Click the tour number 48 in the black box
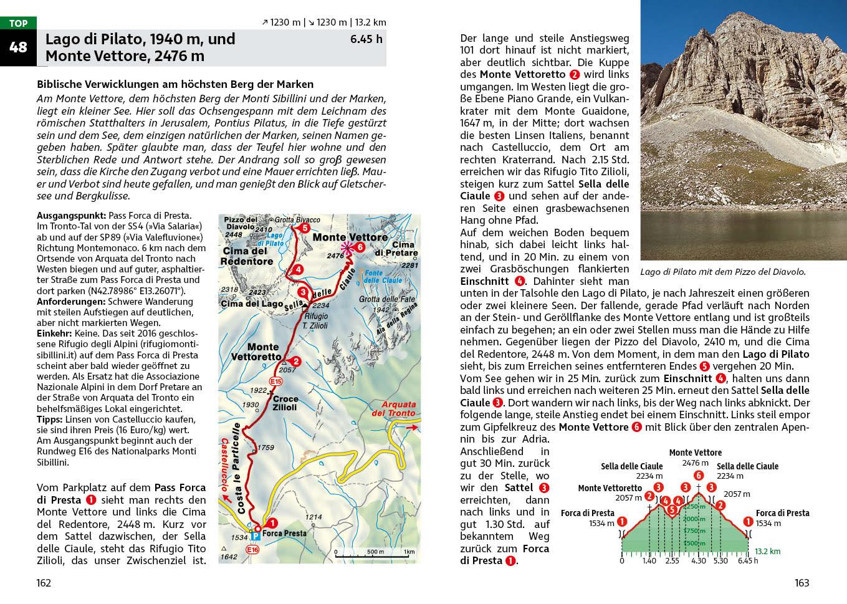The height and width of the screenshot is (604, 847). point(18,47)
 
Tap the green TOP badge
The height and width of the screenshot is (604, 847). point(18,24)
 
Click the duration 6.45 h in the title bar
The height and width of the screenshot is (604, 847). point(366,39)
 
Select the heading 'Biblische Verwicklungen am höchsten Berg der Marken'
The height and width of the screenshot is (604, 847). point(175,84)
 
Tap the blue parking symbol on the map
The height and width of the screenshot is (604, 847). point(256,536)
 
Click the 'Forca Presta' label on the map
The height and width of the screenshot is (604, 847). point(284,533)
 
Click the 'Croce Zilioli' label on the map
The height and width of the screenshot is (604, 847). point(285,403)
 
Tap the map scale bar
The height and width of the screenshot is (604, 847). point(373,552)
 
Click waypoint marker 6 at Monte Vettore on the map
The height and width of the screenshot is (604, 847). point(360,247)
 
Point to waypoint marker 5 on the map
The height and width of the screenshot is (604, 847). point(304,228)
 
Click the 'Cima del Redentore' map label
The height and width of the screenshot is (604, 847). point(247,256)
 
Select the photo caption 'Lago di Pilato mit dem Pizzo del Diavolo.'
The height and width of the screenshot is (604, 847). point(723,272)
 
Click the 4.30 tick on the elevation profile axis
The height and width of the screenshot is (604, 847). point(698,560)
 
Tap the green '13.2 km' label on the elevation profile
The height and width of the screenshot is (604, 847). point(767,552)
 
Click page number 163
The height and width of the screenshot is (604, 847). point(802,583)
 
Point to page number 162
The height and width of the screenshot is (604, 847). point(43,583)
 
